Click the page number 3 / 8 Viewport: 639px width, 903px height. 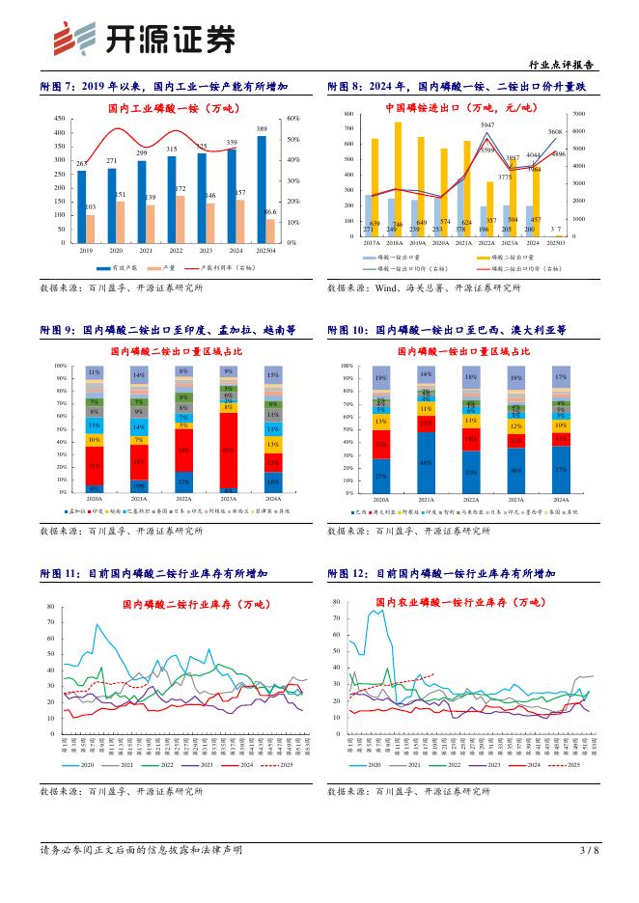[588, 850]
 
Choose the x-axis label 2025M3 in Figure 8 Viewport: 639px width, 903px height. [557, 244]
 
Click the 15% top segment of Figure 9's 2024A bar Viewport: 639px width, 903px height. [273, 374]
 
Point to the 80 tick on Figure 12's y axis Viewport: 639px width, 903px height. [336, 600]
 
